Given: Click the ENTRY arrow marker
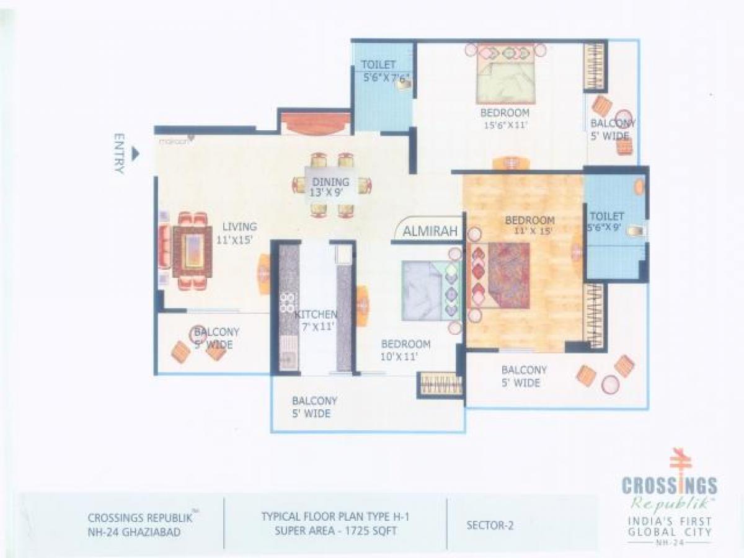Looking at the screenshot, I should [x=136, y=153].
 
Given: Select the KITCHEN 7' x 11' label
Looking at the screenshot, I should [x=316, y=321].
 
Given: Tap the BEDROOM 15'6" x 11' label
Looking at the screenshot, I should [x=505, y=118].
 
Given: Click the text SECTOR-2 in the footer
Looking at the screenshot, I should [x=490, y=526].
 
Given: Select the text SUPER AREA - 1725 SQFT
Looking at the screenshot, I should [x=335, y=531].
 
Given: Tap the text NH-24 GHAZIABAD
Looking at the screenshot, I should [x=135, y=532].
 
